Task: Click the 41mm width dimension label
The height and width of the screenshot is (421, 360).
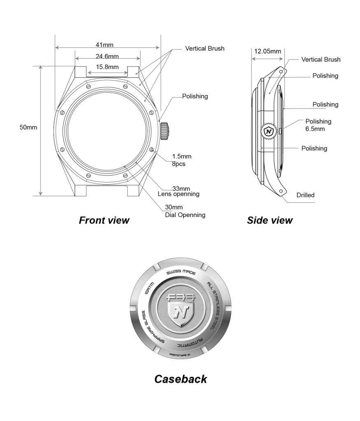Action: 105,44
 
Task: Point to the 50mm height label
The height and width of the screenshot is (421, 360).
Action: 28,127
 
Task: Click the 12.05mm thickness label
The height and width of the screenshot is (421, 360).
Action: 267,51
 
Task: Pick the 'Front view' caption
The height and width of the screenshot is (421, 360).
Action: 104,220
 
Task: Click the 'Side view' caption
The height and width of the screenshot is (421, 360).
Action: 269,220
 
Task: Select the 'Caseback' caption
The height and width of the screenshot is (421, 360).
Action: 181,379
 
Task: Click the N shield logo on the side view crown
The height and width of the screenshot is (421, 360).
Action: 269,132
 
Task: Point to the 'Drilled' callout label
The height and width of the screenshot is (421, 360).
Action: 305,195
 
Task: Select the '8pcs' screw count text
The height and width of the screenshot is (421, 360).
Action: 179,164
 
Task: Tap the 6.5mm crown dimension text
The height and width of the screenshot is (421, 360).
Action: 315,128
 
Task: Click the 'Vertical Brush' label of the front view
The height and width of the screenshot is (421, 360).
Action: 205,49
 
